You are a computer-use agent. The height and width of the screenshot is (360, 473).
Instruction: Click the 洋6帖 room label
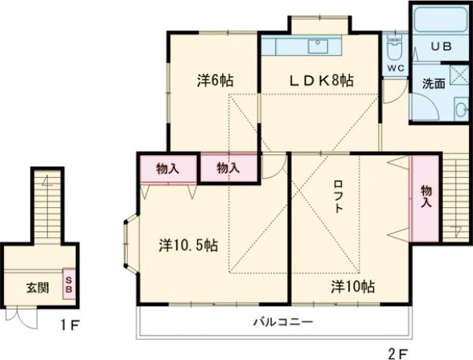tap(214, 80)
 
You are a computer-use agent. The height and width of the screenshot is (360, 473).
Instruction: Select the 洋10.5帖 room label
tap(188, 245)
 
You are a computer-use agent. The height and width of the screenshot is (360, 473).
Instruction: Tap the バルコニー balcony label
tap(283, 322)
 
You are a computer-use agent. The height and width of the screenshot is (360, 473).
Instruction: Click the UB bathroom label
tap(440, 47)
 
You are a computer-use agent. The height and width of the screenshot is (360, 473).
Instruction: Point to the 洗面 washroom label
tap(433, 83)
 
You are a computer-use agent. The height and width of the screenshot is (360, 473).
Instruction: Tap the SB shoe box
tap(69, 284)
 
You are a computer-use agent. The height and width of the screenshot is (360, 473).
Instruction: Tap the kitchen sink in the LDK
tap(319, 45)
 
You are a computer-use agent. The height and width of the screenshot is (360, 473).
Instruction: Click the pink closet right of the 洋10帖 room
tap(425, 199)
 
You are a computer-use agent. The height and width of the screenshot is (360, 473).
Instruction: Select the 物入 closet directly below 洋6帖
tap(228, 168)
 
